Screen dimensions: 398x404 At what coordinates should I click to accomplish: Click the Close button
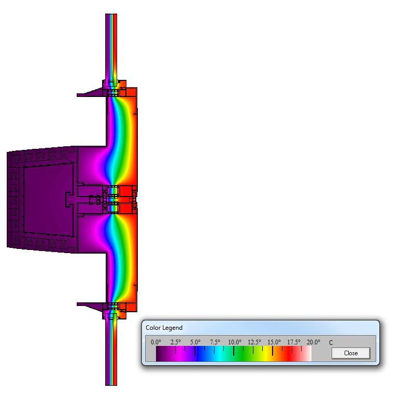[x=351, y=353]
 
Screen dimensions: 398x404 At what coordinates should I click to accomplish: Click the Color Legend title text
[x=164, y=328]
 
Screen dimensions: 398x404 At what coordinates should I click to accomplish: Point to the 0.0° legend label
[x=156, y=342]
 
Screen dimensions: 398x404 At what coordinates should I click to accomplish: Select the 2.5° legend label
[x=175, y=342]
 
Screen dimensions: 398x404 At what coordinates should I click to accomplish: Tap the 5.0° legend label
[x=195, y=342]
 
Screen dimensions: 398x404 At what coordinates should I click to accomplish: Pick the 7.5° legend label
[x=215, y=342]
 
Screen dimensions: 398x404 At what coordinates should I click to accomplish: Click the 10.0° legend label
[x=235, y=342]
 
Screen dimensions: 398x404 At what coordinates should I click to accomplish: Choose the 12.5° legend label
[x=254, y=342]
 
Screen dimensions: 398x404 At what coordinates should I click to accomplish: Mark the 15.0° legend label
[x=274, y=342]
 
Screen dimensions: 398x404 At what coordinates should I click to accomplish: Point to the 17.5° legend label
[x=294, y=342]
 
